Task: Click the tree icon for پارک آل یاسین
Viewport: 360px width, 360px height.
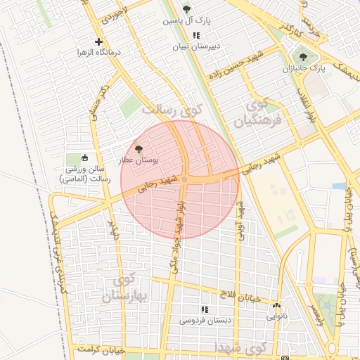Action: click(186, 9)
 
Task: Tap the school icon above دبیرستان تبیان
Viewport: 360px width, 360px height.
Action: click(195, 35)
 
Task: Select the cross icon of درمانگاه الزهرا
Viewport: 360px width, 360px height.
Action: click(98, 41)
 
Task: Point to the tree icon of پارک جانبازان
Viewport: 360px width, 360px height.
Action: click(303, 58)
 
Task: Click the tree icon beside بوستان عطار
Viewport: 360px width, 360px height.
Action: click(139, 149)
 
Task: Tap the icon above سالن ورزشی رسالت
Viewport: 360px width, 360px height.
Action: click(86, 157)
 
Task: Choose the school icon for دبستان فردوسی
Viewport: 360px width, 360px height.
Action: click(204, 309)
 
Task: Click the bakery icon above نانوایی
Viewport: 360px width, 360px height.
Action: click(276, 306)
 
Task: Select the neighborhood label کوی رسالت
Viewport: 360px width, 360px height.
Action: click(172, 110)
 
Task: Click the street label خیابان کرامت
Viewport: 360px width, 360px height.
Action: click(101, 349)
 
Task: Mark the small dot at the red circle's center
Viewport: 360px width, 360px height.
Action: click(184, 180)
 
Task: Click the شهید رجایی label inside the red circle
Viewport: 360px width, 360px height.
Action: click(157, 184)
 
